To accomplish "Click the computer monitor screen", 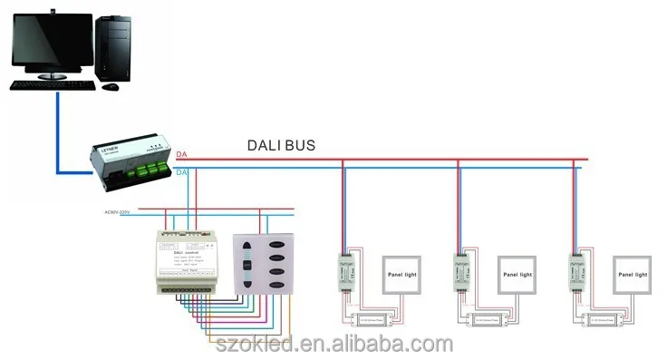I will point(51,41).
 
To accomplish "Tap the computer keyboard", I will point(53,84).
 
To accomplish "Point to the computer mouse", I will point(110,86).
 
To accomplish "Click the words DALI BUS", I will point(282,145).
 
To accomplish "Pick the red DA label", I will point(182,155).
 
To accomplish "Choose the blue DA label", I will point(182,171).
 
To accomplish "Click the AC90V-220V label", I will point(112,212).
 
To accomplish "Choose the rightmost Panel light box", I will point(631,274).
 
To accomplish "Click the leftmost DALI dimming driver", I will point(345,268).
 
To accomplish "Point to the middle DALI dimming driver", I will point(461,268).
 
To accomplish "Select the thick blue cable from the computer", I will point(60,136).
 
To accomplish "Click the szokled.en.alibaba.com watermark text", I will point(334,344).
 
